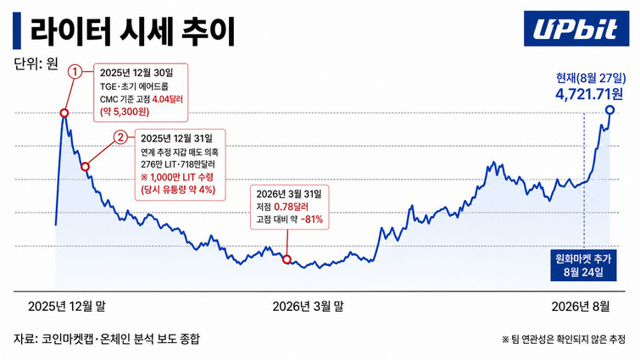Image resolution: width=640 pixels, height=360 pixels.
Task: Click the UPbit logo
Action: coord(576,29)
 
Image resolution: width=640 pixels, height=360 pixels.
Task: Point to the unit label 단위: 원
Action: coord(36,64)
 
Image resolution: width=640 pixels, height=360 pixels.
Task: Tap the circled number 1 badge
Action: coord(75,72)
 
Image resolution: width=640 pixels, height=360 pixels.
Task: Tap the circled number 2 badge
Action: coord(120,137)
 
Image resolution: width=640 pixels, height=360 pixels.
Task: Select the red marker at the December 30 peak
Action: coord(64,113)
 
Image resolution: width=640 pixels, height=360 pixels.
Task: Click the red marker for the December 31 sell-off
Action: coord(86,166)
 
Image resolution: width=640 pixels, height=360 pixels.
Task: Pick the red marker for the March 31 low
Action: coord(287,259)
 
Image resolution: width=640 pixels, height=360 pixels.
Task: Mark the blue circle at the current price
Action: coord(609,109)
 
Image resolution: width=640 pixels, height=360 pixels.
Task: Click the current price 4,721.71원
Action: coord(589,94)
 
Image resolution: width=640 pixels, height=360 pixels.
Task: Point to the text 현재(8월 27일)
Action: coord(591,77)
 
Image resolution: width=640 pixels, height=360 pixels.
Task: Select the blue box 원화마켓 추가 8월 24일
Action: coord(583,264)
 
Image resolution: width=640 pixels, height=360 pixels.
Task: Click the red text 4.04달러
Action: coord(167,99)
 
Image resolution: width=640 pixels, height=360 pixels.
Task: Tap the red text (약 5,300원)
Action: coord(125,111)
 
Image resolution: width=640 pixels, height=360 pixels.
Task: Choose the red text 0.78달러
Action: coord(291,208)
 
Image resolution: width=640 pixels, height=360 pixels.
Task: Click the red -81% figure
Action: coord(312,219)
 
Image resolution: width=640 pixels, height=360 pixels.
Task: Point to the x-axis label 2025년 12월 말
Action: coord(66,306)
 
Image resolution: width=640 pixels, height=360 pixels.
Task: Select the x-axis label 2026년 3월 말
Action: coord(308,306)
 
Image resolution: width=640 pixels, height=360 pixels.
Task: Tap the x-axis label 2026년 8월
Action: coord(581,306)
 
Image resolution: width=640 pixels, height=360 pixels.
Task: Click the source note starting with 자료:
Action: coord(107,339)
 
